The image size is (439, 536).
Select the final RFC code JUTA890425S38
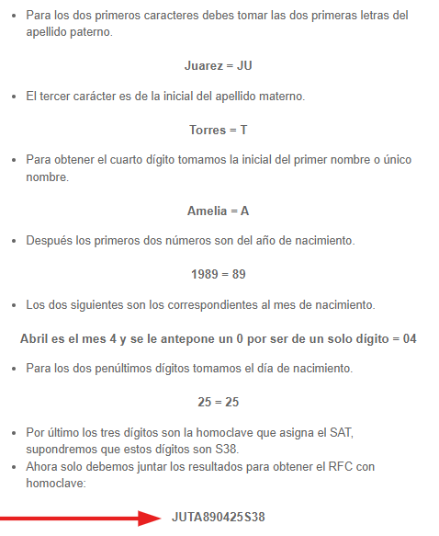point(218,518)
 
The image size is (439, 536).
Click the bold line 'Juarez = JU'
point(218,66)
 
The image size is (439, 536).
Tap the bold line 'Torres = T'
point(218,130)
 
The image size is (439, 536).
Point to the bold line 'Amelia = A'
point(218,211)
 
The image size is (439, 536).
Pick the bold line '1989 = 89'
point(218,274)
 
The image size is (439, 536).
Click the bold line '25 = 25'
point(218,401)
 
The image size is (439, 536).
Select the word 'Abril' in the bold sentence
point(37,338)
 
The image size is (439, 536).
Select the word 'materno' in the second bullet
point(281,97)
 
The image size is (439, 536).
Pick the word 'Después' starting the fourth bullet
point(49,243)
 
